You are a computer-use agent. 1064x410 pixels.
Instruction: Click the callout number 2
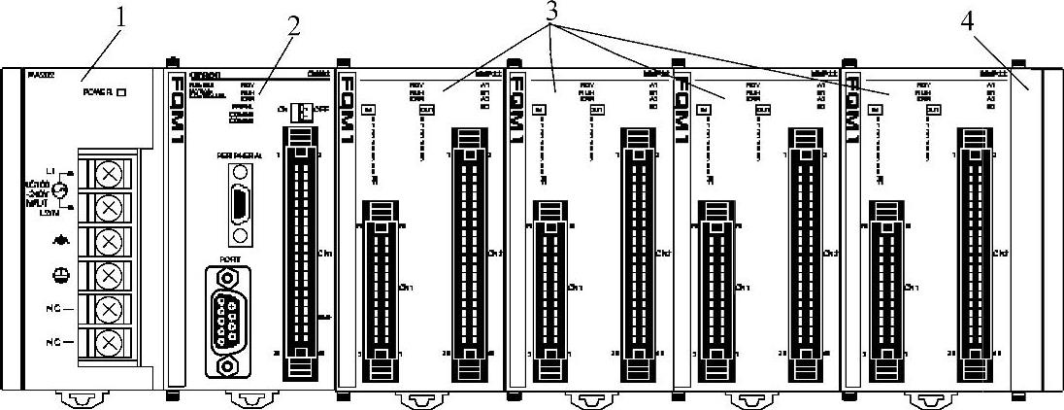[293, 28]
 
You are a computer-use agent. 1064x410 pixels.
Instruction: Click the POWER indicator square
[121, 93]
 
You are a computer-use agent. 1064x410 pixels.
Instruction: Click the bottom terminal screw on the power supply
[110, 343]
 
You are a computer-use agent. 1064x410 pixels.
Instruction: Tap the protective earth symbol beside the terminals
[61, 275]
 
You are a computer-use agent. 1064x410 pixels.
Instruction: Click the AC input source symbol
[60, 191]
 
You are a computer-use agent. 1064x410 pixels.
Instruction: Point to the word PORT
[230, 258]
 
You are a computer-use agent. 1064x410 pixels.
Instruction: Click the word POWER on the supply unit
[97, 93]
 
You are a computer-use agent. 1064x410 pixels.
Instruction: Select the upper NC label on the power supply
[58, 310]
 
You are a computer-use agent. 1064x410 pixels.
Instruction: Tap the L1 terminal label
[50, 171]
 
